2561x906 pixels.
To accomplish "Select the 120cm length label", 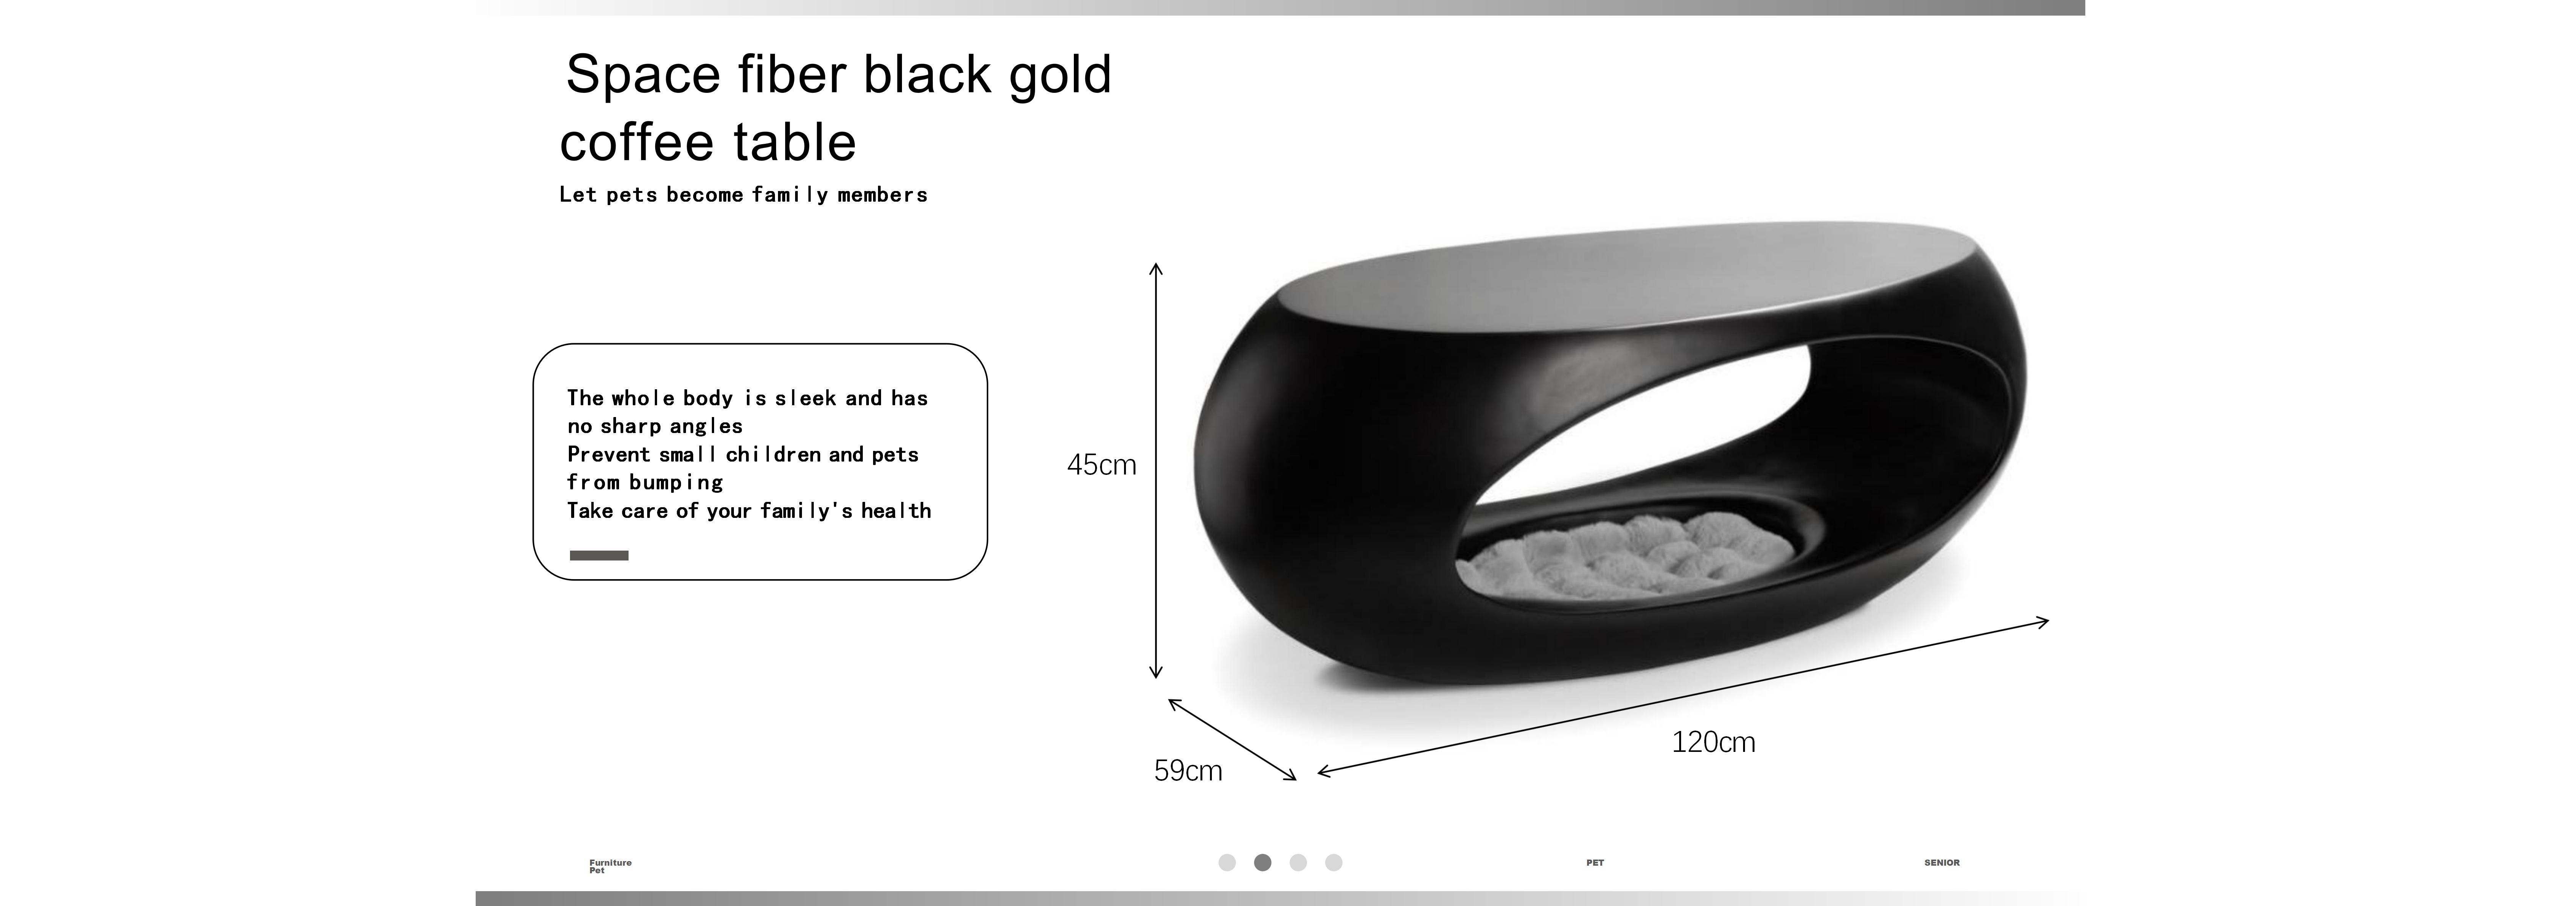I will tap(1713, 742).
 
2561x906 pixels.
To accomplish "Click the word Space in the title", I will tap(642, 75).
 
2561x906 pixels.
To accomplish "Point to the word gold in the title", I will tap(1060, 75).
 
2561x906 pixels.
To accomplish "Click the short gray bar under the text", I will tap(599, 555).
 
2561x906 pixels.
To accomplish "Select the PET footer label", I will tap(1595, 862).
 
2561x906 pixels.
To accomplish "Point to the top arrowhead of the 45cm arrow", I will tap(1155, 266).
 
